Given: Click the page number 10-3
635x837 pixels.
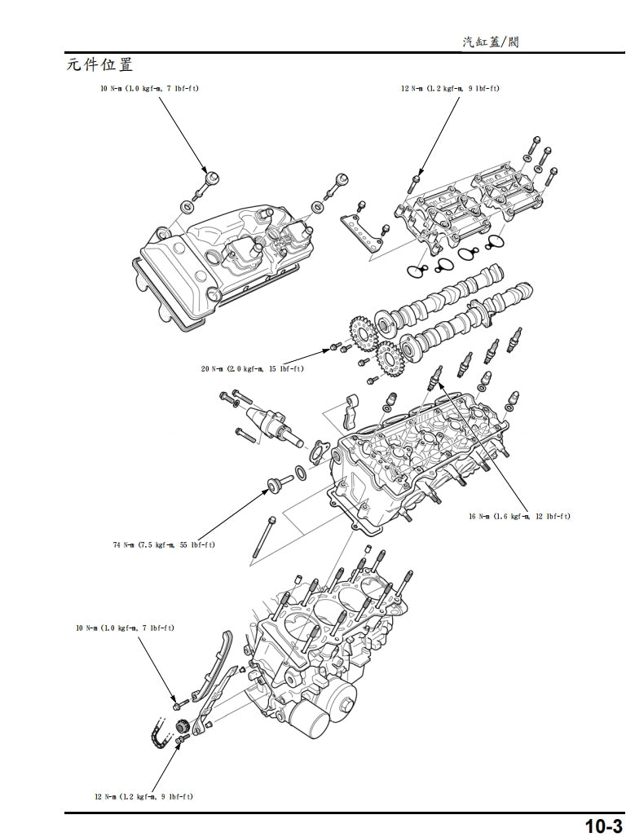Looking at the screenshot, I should click(604, 826).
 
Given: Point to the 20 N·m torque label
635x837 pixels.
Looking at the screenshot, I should click(252, 369).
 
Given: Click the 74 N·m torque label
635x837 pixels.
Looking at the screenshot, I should click(164, 544).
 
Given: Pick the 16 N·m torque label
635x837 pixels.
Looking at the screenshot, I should click(519, 517).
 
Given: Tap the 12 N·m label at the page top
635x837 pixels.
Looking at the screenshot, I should click(450, 89).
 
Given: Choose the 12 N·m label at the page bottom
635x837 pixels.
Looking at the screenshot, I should click(143, 795).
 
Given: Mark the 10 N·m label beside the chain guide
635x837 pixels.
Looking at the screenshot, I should click(125, 628).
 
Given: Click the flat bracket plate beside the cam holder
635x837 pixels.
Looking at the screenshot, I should click(360, 231).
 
